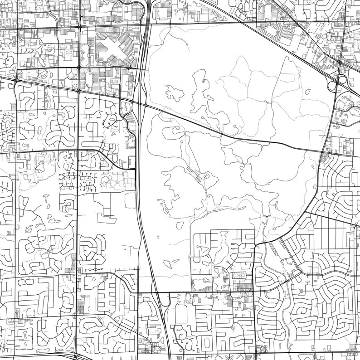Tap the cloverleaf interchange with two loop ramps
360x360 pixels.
point(337,82)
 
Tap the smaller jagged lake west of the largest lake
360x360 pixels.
point(174,93)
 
